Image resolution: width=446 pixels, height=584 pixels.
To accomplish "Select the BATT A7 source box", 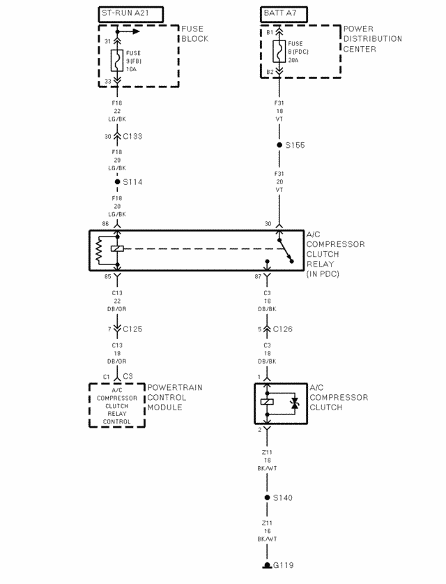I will (x=284, y=13).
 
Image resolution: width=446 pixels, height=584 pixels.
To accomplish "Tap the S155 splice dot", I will (x=279, y=145).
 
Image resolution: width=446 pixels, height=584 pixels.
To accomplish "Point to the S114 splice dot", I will (x=117, y=181).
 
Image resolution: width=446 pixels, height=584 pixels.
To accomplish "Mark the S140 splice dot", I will (x=267, y=497).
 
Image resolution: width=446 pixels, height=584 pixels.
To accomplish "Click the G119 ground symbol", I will (x=267, y=564).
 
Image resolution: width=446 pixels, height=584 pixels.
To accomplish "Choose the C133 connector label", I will (x=131, y=136).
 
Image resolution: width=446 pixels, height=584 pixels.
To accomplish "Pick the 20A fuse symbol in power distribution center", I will (x=279, y=52).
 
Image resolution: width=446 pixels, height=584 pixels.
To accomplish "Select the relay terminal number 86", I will (x=105, y=224).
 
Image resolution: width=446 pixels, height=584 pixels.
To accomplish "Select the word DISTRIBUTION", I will (x=373, y=39).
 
